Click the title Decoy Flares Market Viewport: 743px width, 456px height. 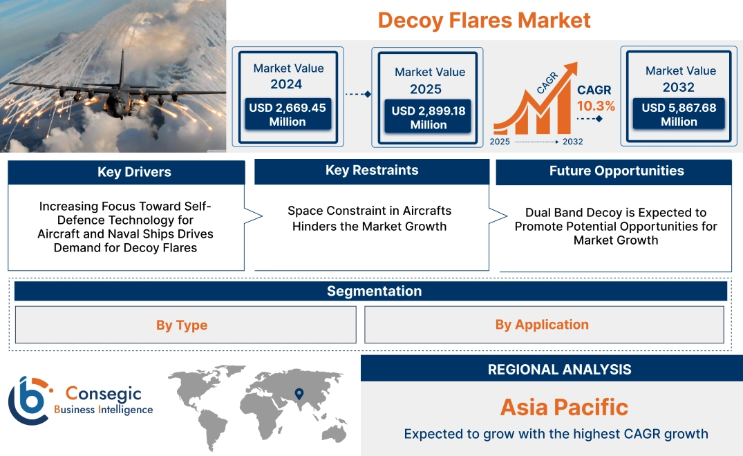(484, 20)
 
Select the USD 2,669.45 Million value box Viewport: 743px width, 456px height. (287, 115)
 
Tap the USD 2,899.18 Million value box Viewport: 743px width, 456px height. (429, 117)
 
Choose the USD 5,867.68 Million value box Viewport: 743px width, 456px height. (679, 115)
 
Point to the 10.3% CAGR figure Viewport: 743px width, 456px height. (596, 106)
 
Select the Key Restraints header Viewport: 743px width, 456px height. (372, 171)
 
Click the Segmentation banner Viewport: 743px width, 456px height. (374, 291)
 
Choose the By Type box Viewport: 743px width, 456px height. (182, 325)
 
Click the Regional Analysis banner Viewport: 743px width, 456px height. (559, 370)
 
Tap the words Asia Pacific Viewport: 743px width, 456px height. (564, 407)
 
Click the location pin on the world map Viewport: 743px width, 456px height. (299, 394)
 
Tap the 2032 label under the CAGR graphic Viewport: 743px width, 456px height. (572, 142)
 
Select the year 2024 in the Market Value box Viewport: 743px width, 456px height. (286, 84)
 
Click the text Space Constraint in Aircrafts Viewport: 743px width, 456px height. (369, 211)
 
